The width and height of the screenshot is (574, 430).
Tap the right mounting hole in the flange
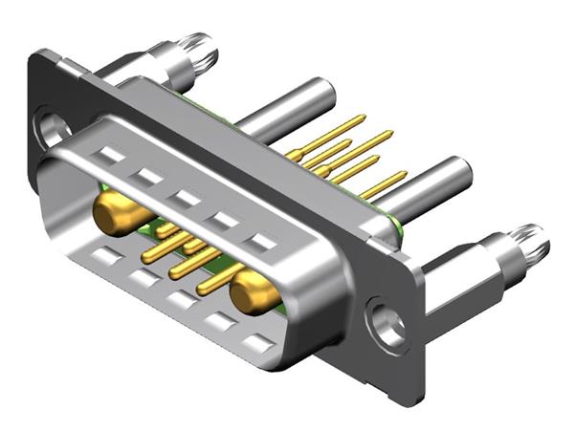(388, 322)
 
